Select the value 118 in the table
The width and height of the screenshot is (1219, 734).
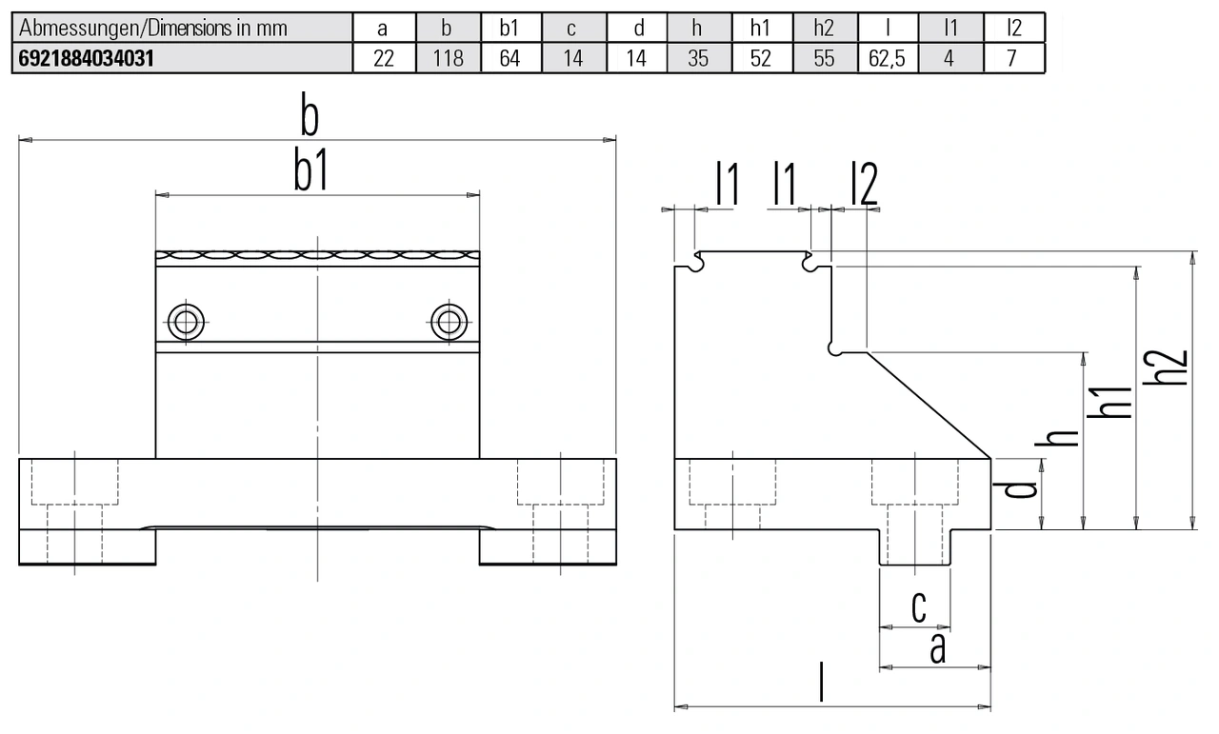[447, 59]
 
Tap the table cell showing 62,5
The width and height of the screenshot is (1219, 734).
[887, 59]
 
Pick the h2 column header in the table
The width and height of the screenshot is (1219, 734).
[824, 29]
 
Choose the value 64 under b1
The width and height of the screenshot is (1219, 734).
[510, 59]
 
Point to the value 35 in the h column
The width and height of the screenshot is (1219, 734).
[698, 59]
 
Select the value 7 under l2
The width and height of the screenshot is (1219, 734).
[1012, 59]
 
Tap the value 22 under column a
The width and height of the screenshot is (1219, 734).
[384, 59]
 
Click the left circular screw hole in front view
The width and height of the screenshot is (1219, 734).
[186, 322]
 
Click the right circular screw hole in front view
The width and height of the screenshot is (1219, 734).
[449, 322]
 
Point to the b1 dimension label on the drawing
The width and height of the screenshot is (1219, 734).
[310, 173]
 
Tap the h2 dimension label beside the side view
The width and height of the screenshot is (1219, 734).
[1173, 367]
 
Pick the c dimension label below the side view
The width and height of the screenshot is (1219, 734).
[918, 607]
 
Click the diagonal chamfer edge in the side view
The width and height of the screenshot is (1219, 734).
[929, 405]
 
